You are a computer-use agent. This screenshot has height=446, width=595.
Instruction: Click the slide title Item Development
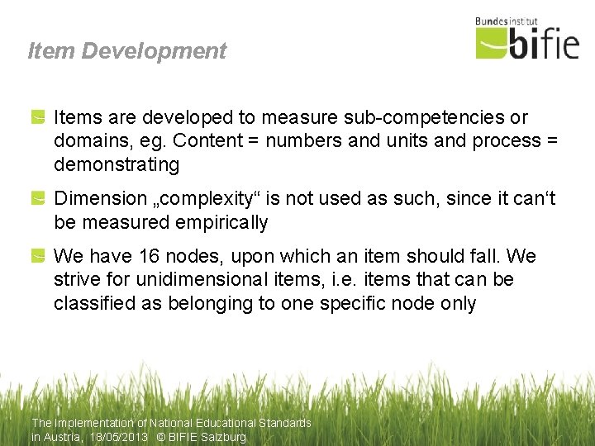(126, 51)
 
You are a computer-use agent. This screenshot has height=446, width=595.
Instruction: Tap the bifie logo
(527, 42)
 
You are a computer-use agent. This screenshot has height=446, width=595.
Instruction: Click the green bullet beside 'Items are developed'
(38, 118)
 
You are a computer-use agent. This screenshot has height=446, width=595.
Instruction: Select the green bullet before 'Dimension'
(38, 199)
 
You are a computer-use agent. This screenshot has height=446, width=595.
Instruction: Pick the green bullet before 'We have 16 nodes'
(38, 257)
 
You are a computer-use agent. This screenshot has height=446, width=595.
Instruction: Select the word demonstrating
(117, 164)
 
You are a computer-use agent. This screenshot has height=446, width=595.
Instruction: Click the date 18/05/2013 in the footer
(120, 437)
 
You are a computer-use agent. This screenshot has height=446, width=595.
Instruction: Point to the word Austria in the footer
(63, 437)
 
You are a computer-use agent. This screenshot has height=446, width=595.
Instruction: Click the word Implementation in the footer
(97, 423)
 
